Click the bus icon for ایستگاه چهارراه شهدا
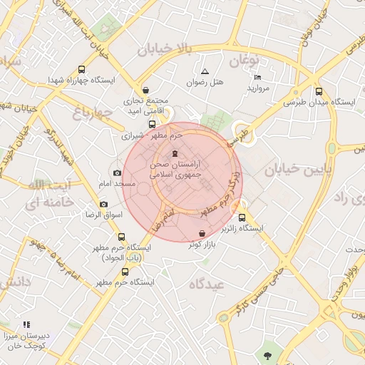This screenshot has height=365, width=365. pyautogui.click(x=81, y=70)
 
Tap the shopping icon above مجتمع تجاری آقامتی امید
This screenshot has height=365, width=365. pyautogui.click(x=146, y=91)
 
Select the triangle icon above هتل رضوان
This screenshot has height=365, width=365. pyautogui.click(x=205, y=71)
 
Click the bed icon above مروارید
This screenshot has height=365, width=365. pyautogui.click(x=257, y=77)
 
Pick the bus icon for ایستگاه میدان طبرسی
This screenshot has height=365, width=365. pyautogui.click(x=319, y=91)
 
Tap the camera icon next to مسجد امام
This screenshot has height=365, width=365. pyautogui.click(x=117, y=173)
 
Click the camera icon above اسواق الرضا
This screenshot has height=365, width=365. pyautogui.click(x=104, y=204)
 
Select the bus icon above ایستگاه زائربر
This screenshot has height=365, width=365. pyautogui.click(x=242, y=217)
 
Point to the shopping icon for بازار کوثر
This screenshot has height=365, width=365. pyautogui.click(x=202, y=234)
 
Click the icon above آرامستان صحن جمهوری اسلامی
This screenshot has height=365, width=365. pyautogui.click(x=175, y=154)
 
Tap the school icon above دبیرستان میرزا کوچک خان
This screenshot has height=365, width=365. pyautogui.click(x=26, y=325)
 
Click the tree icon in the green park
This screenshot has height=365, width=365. pyautogui.click(x=267, y=354)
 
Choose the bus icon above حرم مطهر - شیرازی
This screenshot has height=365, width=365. pyautogui.click(x=151, y=123)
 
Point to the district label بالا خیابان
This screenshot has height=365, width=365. pyautogui.click(x=165, y=50)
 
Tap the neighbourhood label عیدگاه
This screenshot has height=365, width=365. pyautogui.click(x=207, y=284)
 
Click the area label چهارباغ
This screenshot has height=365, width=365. pyautogui.click(x=93, y=112)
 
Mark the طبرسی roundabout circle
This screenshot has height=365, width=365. pyautogui.click(x=242, y=130)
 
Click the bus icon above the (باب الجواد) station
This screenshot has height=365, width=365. pyautogui.click(x=120, y=237)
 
